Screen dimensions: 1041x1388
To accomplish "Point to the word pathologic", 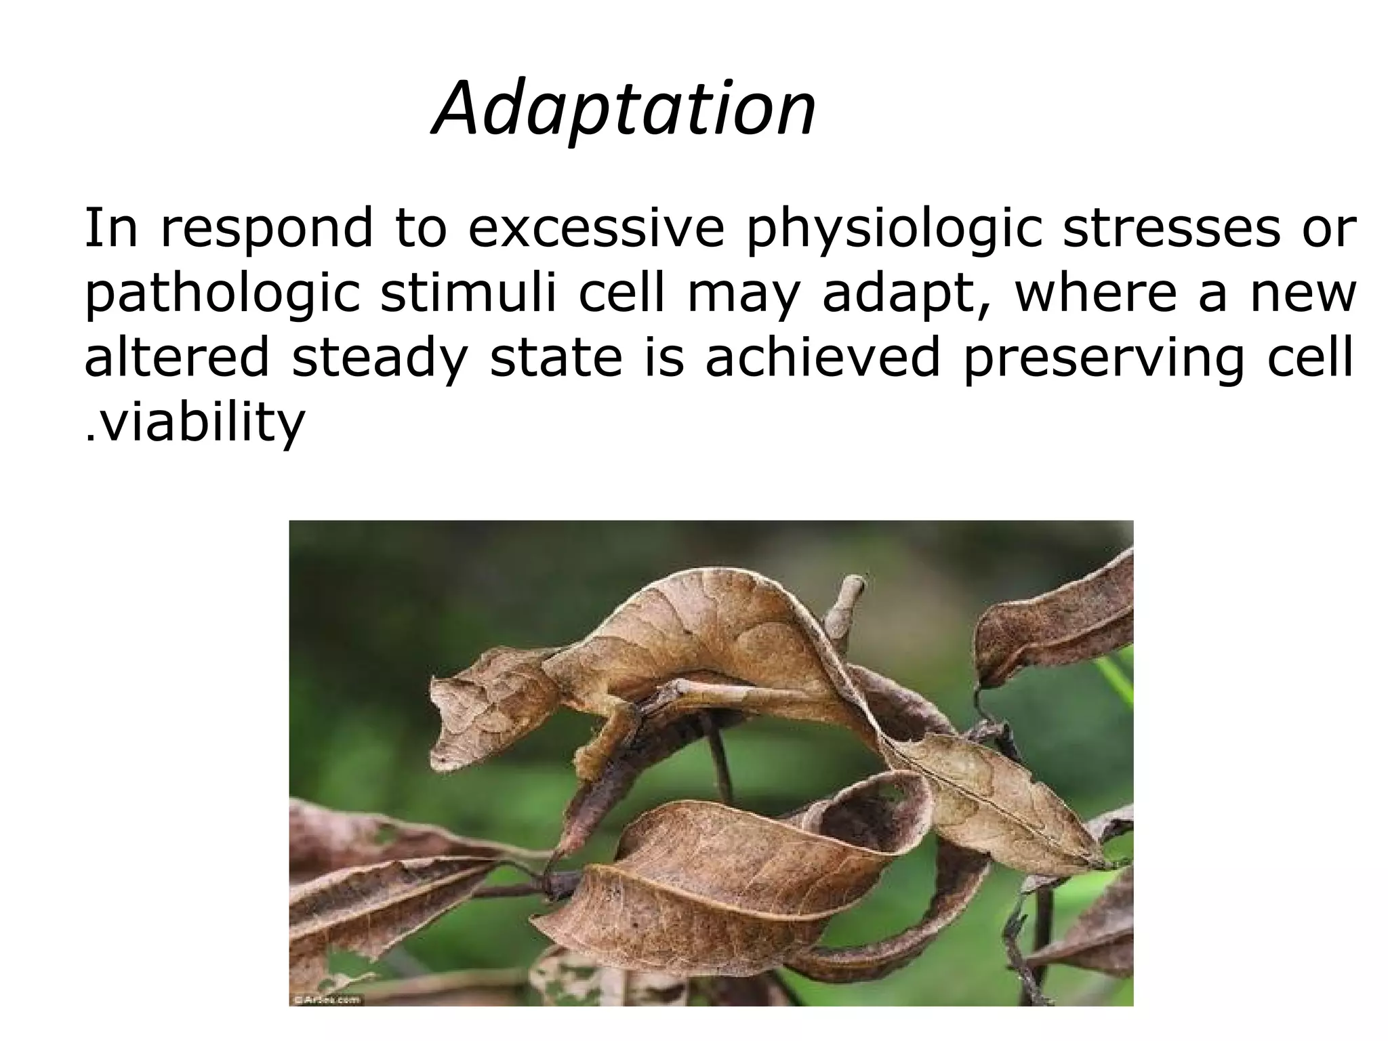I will (x=221, y=295).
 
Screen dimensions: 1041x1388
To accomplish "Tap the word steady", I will (x=380, y=360).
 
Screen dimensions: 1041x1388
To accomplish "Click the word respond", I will (x=267, y=230).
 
